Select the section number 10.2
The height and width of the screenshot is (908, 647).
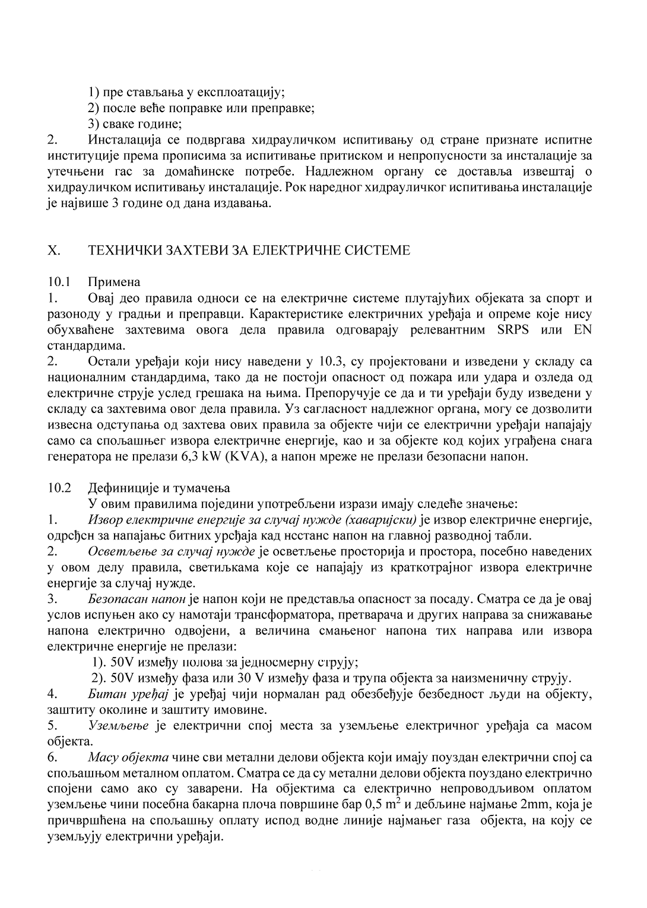[x=59, y=488]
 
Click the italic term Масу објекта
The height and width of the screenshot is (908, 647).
[x=128, y=757]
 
